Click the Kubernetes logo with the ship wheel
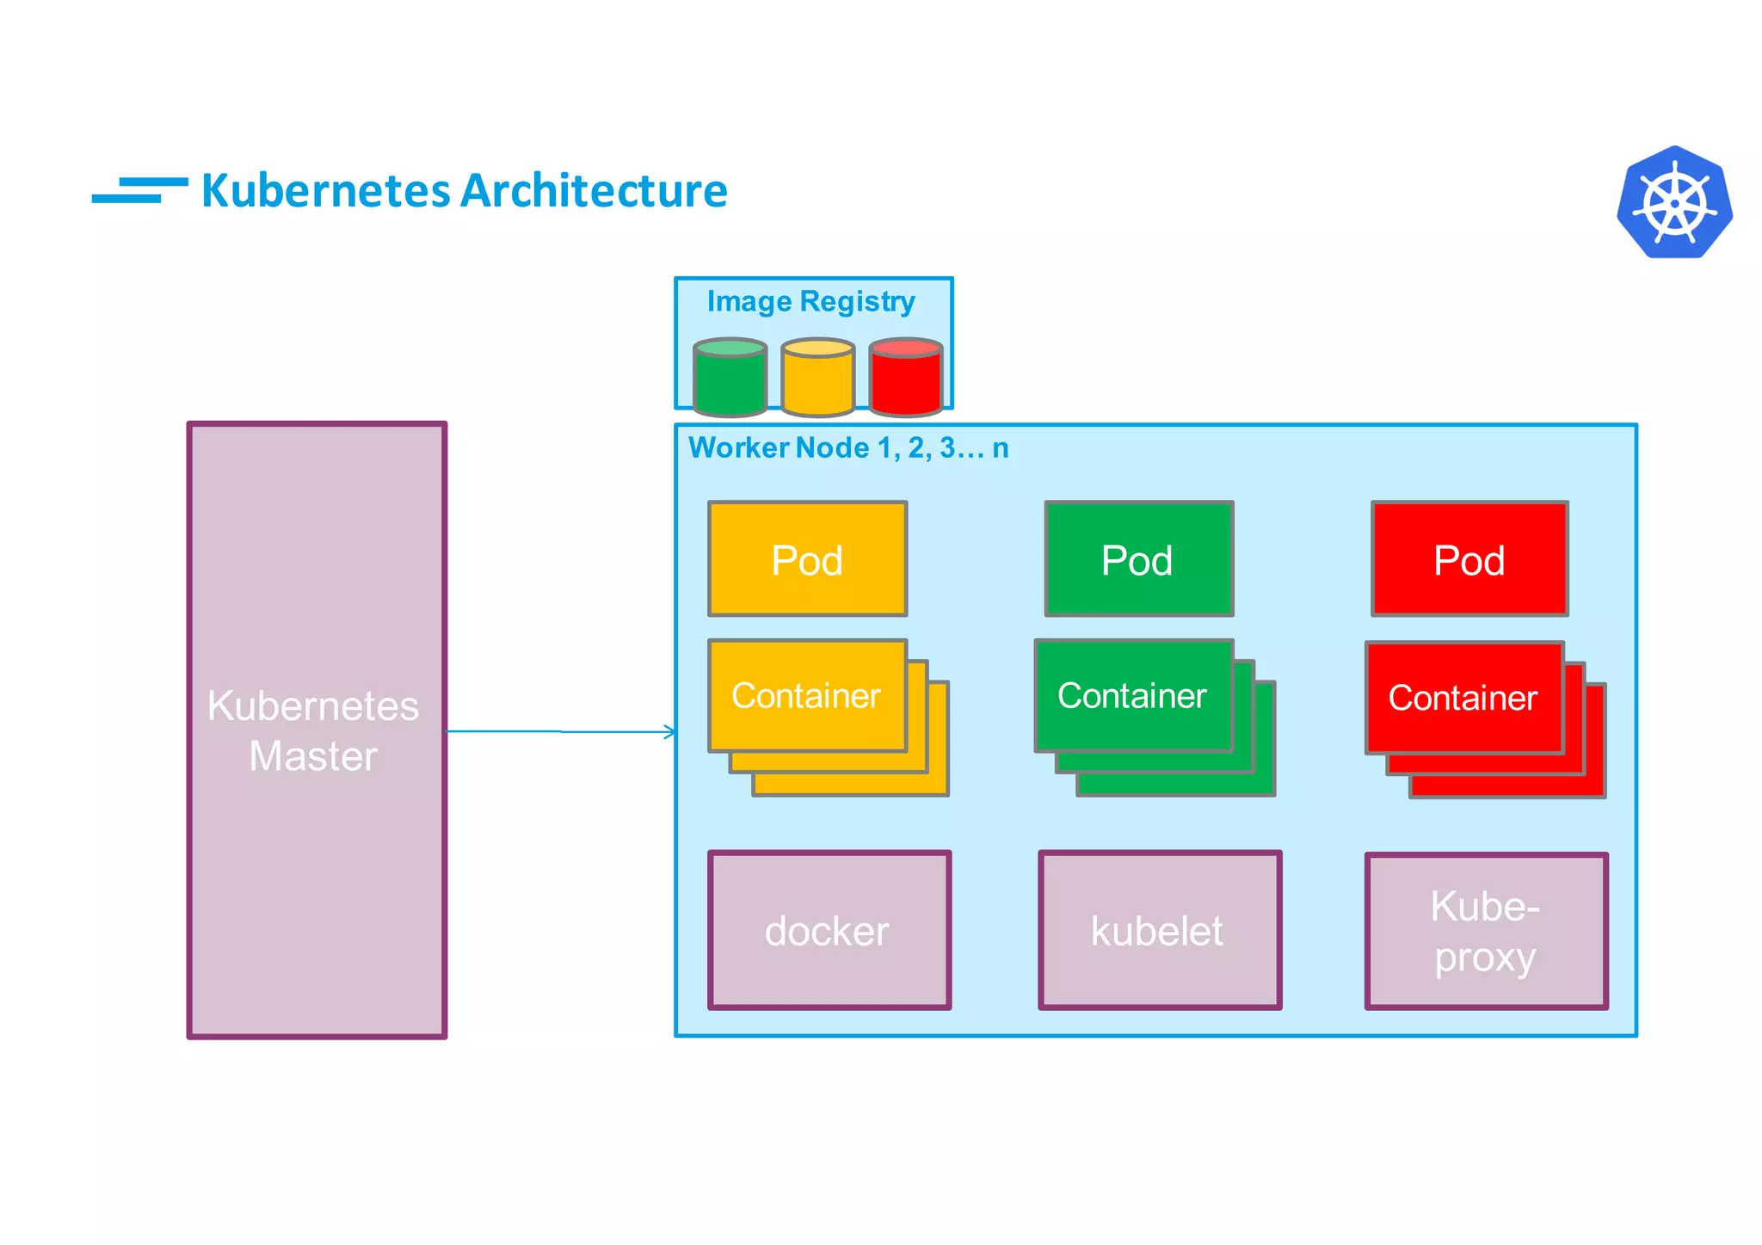[x=1674, y=203]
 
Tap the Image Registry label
[x=810, y=301]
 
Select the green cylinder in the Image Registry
[x=730, y=379]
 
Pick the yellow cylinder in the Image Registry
[x=817, y=379]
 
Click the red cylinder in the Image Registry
[x=905, y=379]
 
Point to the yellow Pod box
[x=807, y=559]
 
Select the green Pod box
[x=1138, y=559]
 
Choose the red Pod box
[x=1469, y=559]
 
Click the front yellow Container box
[x=806, y=695]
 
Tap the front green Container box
[x=1132, y=695]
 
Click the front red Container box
[x=1463, y=697]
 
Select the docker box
[x=829, y=930]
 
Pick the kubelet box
[x=1159, y=930]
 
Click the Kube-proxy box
[x=1486, y=931]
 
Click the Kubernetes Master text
[x=314, y=730]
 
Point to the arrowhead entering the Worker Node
[x=670, y=732]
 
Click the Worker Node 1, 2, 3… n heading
[x=848, y=447]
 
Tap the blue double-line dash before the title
[x=139, y=190]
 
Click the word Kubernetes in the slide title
[x=326, y=190]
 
